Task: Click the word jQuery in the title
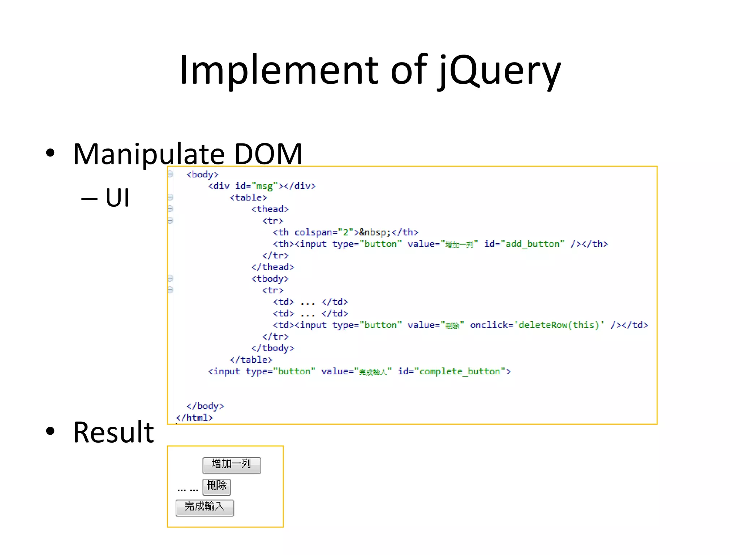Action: click(x=500, y=70)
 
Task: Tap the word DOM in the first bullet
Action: click(x=268, y=154)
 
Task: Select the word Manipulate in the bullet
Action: click(x=149, y=154)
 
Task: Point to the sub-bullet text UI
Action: click(x=117, y=198)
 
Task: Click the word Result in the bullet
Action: click(x=113, y=433)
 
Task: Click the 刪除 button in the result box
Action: click(x=216, y=486)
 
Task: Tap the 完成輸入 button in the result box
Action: click(x=205, y=507)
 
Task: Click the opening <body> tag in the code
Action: click(x=202, y=175)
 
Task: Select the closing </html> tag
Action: click(x=194, y=418)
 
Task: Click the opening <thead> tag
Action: click(x=270, y=209)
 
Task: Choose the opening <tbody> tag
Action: click(x=270, y=279)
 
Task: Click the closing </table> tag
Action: click(x=251, y=360)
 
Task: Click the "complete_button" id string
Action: click(x=459, y=371)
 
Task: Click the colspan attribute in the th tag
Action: click(x=315, y=232)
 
